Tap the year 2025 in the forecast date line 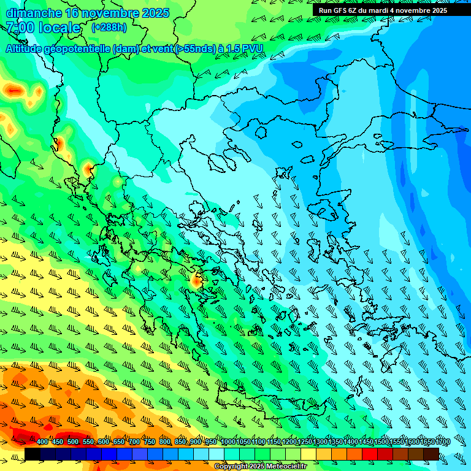tap(156, 13)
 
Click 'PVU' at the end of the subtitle tap(252, 48)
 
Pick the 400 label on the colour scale tap(42, 442)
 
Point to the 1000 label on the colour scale tap(228, 442)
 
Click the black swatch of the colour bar tap(33, 454)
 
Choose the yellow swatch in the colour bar tap(308, 454)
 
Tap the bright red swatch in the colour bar tap(370, 454)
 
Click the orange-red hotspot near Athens tap(196, 281)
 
